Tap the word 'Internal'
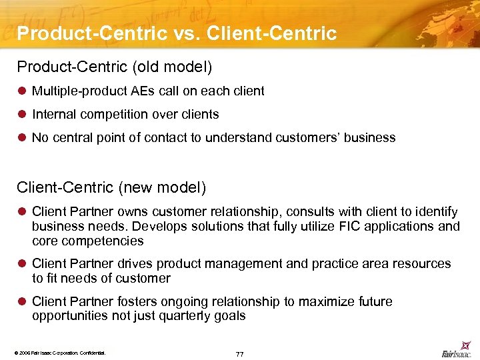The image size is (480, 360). point(53,114)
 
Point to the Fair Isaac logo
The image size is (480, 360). point(456,352)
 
